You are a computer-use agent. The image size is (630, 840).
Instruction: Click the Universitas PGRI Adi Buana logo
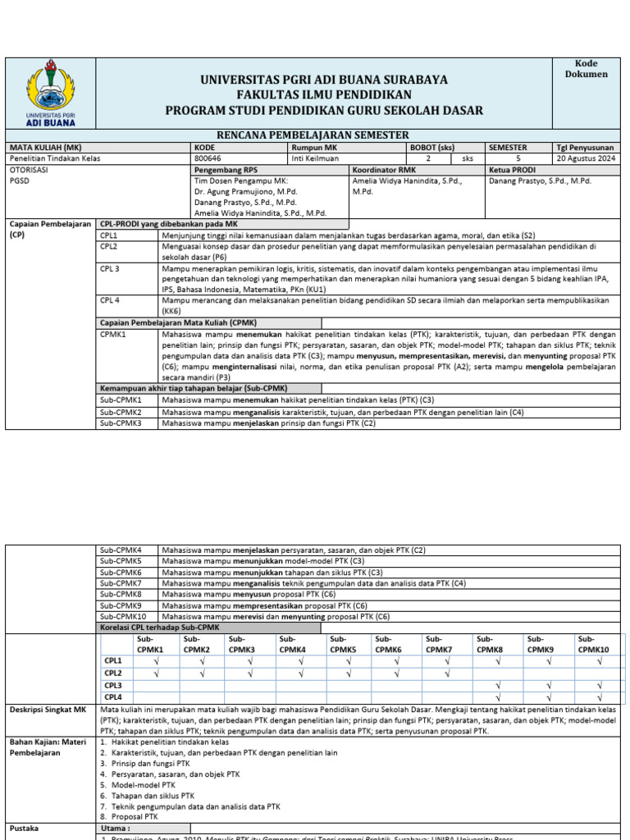[x=51, y=93]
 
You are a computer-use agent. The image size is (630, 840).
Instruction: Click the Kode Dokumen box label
[x=586, y=69]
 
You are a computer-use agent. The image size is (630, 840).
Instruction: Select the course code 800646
[x=207, y=158]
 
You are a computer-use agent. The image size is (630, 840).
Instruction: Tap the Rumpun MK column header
[x=309, y=148]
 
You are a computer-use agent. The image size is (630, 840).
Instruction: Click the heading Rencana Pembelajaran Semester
[x=311, y=135]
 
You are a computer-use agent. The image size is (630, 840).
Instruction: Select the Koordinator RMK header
[x=384, y=170]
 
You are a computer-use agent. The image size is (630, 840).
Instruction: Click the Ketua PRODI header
[x=513, y=170]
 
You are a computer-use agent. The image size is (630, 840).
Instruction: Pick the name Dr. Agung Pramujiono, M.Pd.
[x=245, y=191]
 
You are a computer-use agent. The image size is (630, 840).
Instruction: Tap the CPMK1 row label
[x=114, y=335]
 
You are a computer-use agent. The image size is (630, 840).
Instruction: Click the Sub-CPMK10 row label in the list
[x=122, y=616]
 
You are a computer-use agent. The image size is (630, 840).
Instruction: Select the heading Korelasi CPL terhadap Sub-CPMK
[x=161, y=628]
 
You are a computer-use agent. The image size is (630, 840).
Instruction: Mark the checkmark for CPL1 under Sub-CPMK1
[x=156, y=660]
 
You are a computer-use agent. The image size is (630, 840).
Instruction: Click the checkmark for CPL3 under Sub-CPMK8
[x=498, y=685]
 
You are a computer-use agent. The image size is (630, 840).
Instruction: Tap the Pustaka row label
[x=25, y=829]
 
